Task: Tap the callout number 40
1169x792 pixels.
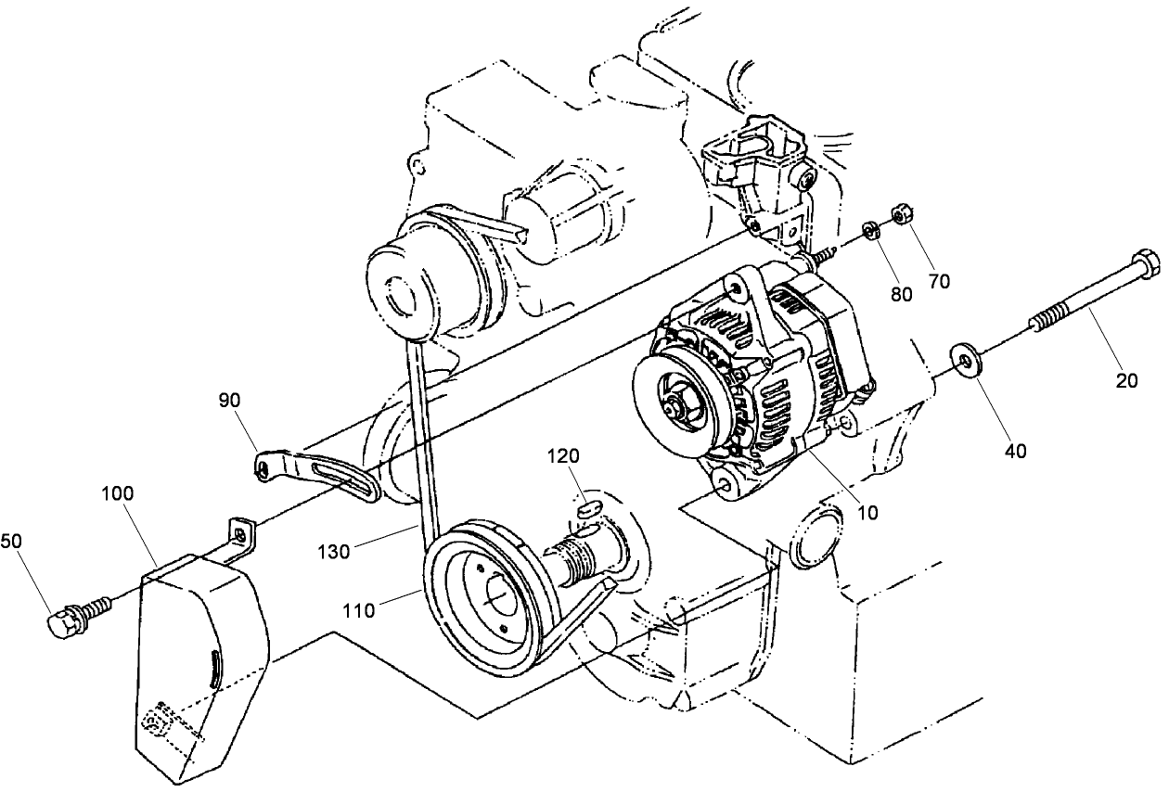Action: pos(1016,452)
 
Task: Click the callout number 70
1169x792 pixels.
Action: pos(939,281)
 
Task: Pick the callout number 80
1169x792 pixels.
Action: pos(900,294)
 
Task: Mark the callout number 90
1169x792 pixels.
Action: pos(229,401)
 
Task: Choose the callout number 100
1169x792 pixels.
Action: pos(117,494)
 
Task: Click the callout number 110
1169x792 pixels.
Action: pos(358,610)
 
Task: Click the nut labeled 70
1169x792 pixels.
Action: pos(899,216)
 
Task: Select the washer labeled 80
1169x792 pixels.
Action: pos(872,229)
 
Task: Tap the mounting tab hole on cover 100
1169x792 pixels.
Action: pos(241,534)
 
